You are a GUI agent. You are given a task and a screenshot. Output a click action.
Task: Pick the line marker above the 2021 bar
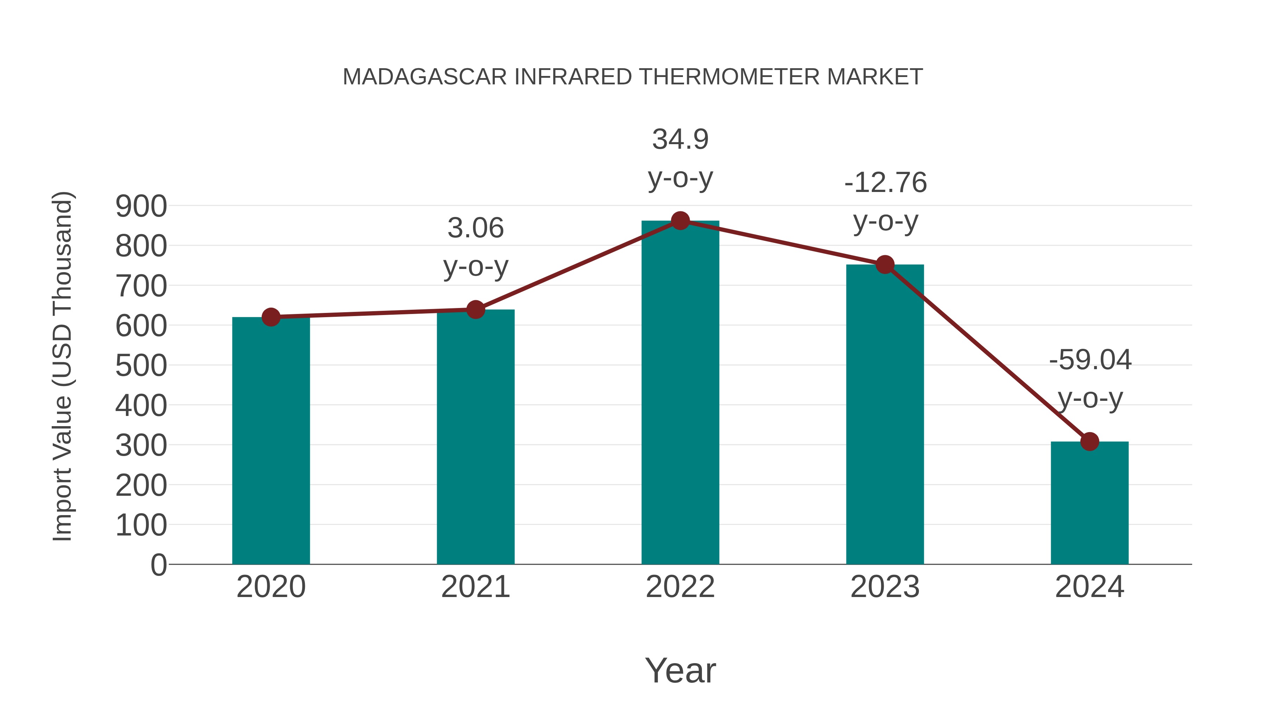tap(475, 309)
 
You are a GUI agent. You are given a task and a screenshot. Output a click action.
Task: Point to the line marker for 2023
tap(885, 265)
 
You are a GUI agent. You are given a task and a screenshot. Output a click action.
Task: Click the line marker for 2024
tap(1089, 441)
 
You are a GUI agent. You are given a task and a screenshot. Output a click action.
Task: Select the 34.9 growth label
tap(680, 140)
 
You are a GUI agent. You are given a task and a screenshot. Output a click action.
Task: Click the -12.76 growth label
tap(885, 183)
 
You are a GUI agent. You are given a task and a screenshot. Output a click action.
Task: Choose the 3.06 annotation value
tap(475, 229)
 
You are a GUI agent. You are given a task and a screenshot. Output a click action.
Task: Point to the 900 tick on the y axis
tap(141, 206)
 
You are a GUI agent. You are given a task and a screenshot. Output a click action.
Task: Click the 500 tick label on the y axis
tap(141, 366)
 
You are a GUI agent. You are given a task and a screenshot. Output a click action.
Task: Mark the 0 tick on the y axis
tap(158, 565)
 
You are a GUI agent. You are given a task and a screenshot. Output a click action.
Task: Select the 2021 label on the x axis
tap(475, 587)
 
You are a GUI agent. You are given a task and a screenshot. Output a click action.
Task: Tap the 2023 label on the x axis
tap(885, 587)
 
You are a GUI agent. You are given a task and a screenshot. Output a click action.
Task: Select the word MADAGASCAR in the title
tap(424, 77)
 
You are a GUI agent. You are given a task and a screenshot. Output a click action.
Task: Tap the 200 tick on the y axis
tap(141, 486)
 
